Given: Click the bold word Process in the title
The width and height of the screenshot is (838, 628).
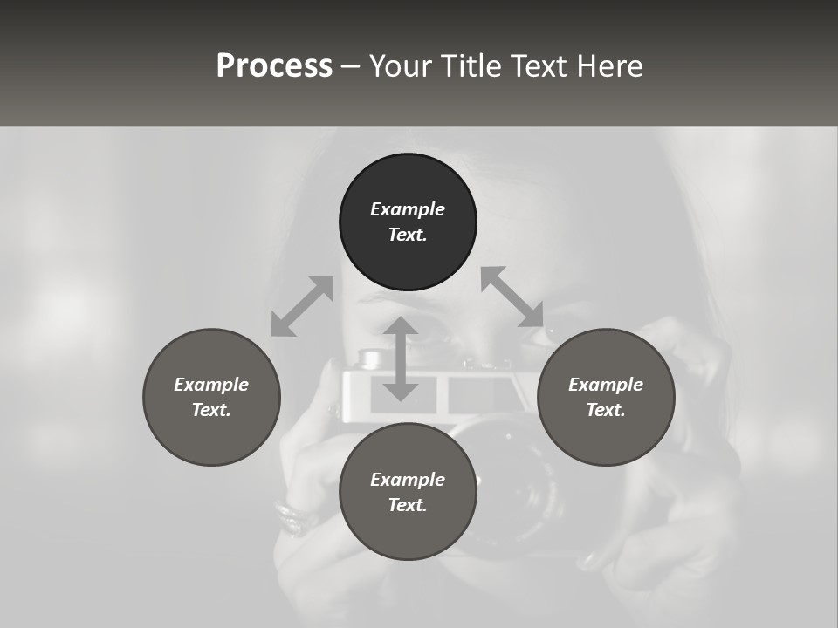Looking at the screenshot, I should coord(274,66).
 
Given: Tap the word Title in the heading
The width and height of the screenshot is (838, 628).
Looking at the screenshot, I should coord(470,66).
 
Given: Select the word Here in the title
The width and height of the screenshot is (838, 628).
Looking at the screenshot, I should coord(608,66).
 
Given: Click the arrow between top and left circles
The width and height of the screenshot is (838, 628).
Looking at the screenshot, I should coord(302,306).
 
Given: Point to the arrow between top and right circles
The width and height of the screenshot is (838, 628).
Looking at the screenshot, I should coord(512,297).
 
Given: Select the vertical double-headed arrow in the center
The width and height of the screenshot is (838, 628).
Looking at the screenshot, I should coord(401,358).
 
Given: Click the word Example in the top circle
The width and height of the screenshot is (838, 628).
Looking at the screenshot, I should coord(408,209).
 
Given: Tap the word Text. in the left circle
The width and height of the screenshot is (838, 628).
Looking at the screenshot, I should coord(211,410).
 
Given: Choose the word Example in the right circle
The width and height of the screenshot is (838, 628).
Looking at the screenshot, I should coord(606,385).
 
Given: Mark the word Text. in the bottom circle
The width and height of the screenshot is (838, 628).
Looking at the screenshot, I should coord(408,505).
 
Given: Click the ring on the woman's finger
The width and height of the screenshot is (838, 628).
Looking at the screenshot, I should coord(293,515).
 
